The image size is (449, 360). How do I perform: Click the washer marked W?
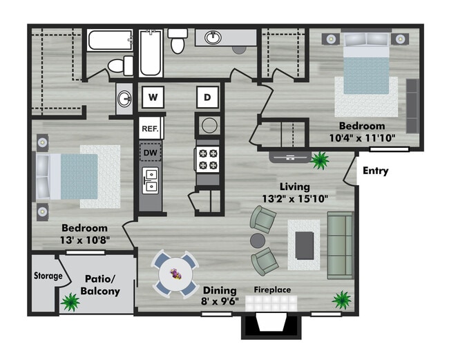coord(153,97)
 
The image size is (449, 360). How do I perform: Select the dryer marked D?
coord(208,97)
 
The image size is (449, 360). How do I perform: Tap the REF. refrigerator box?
coord(150,128)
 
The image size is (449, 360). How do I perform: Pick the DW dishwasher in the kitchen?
coord(151,153)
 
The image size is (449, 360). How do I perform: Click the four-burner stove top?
coord(208,160)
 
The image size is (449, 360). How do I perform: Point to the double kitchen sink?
coord(151,180)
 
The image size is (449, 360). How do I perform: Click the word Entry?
coord(375,171)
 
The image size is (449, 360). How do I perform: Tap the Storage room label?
coord(48,276)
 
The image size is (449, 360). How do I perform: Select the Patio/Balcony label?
coord(100,285)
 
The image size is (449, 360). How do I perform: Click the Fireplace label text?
coord(272,290)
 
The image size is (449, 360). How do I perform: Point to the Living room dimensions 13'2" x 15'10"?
coord(295,198)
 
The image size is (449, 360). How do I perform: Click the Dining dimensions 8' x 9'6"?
coord(220,301)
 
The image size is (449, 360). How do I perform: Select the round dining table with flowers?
coord(176,274)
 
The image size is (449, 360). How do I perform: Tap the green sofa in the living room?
coord(341,245)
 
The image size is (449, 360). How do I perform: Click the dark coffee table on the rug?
coord(305,246)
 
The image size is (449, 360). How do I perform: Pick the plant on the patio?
coord(70,302)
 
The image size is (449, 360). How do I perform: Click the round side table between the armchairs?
coord(258,240)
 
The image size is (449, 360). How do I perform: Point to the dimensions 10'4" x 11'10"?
coord(362,138)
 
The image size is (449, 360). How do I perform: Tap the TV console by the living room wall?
coord(290,157)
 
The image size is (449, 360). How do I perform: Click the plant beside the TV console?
coord(320,160)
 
